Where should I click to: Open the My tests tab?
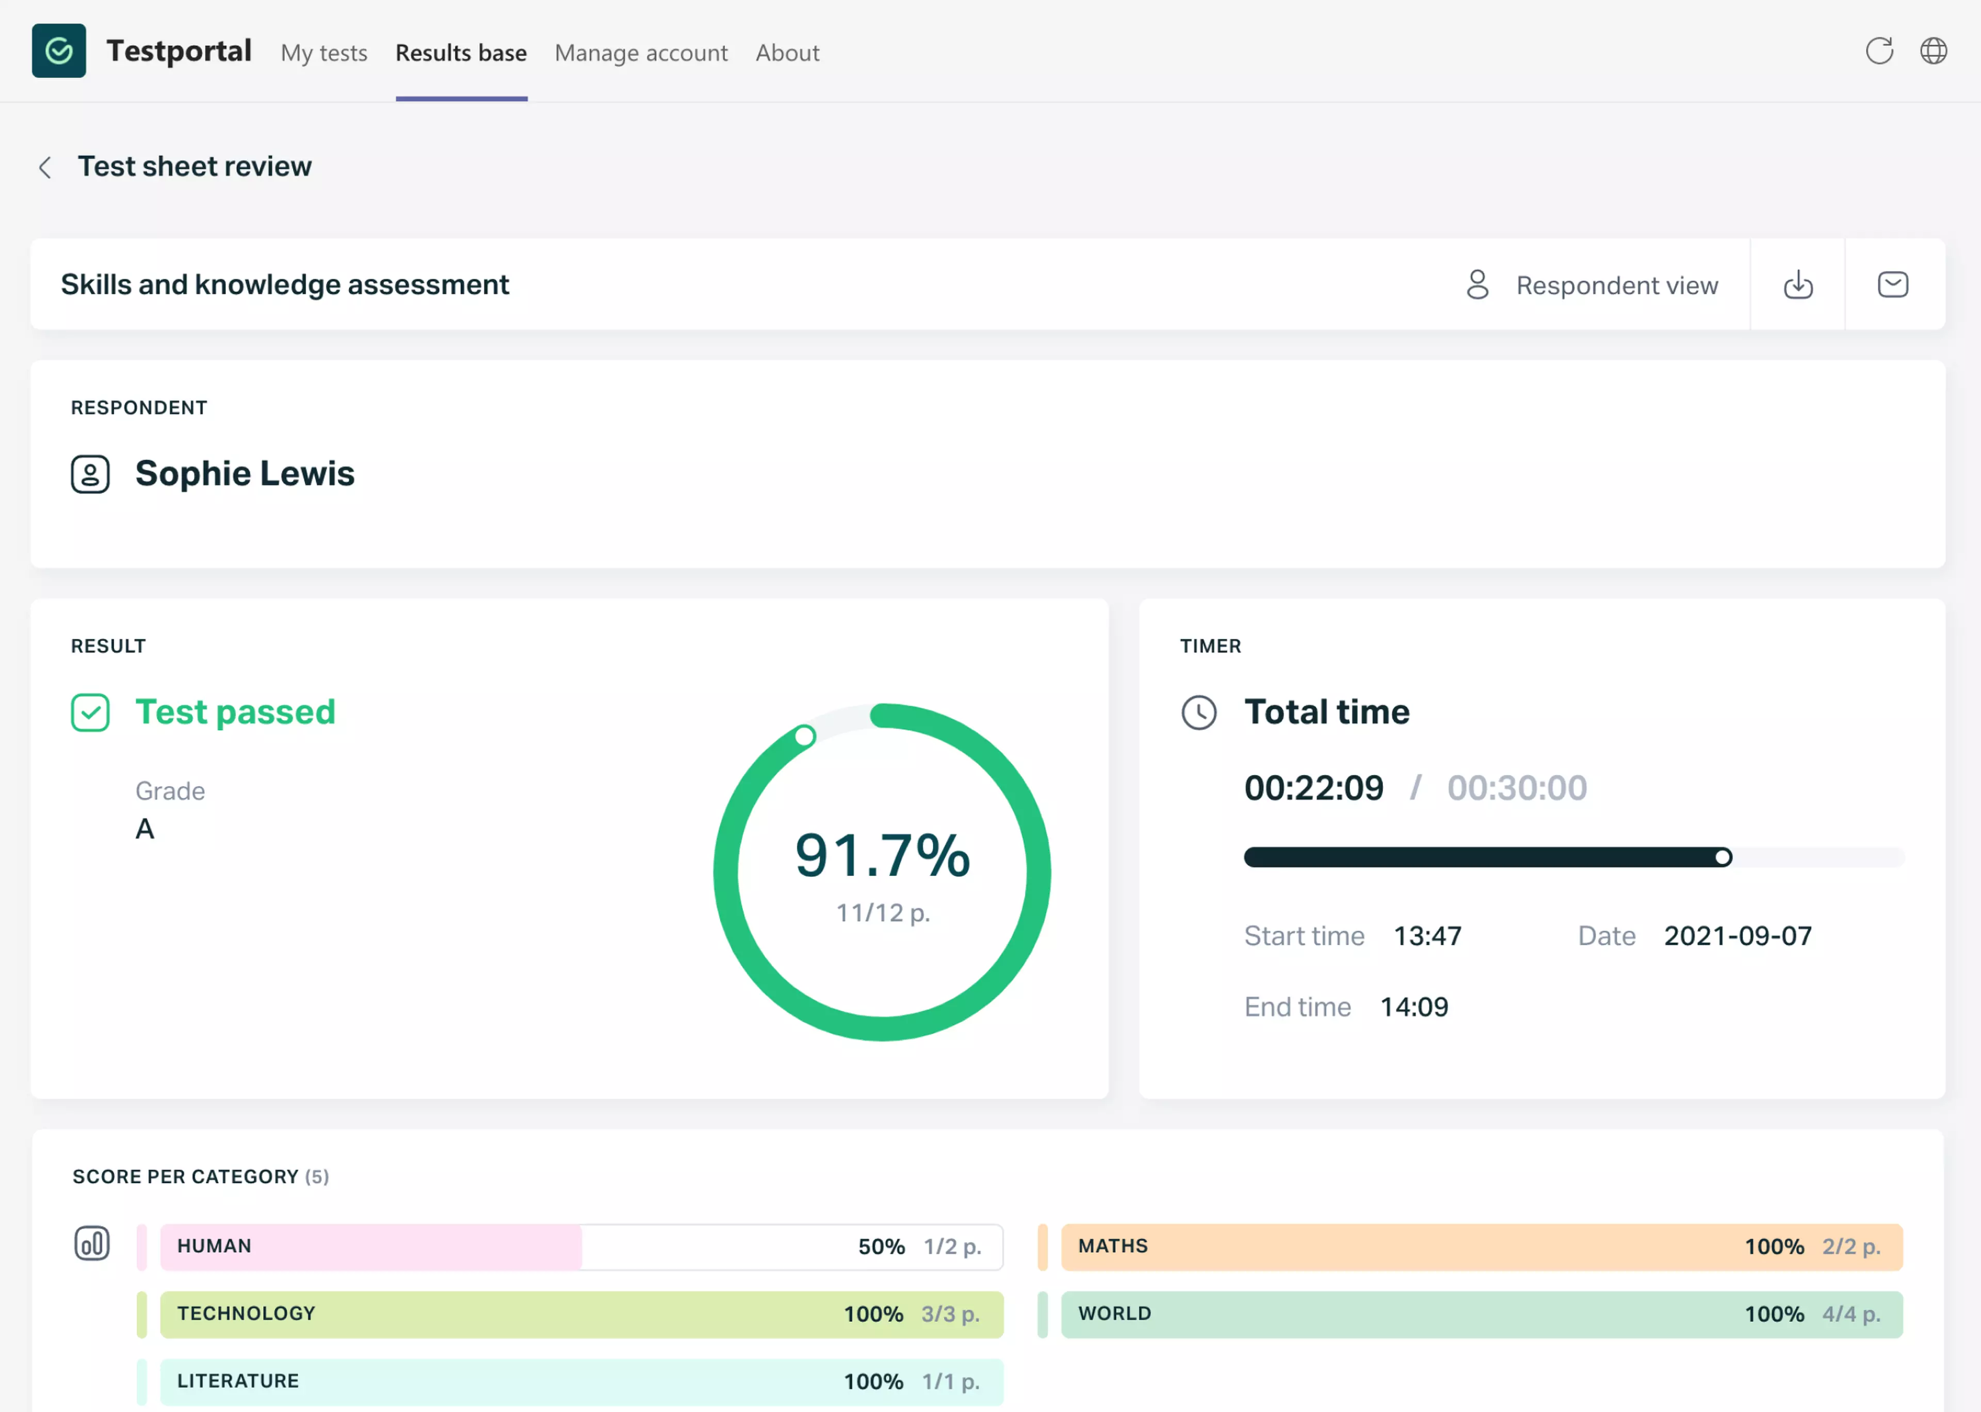(x=323, y=53)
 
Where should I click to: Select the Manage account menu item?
(x=641, y=53)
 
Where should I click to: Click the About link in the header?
(x=787, y=53)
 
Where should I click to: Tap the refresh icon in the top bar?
(x=1878, y=51)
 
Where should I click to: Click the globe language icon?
(x=1933, y=51)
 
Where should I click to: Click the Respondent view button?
(x=1592, y=285)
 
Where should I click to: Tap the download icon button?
(x=1797, y=285)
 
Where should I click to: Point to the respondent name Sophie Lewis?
(x=244, y=474)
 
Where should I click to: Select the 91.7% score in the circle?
(x=882, y=855)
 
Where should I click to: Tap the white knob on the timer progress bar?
(x=1722, y=858)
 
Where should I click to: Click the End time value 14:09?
(x=1414, y=1007)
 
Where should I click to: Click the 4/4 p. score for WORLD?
(x=1850, y=1314)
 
